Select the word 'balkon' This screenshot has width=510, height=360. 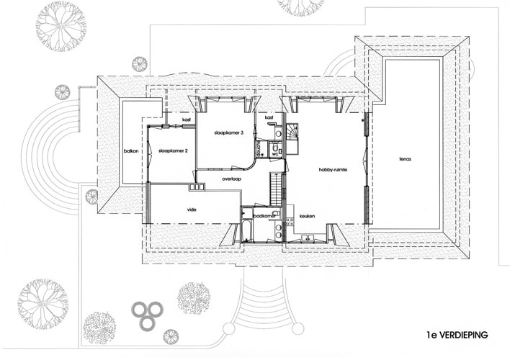131,151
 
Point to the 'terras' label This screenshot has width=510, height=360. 406,159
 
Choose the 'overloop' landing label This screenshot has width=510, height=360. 231,179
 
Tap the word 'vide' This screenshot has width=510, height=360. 192,210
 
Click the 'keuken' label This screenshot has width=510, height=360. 307,216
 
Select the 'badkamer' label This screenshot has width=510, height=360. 264,215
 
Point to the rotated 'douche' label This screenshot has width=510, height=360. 259,148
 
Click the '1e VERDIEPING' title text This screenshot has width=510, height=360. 457,335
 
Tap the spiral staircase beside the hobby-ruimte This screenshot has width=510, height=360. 292,138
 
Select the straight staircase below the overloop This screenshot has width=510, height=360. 275,189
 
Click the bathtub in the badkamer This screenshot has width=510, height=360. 247,231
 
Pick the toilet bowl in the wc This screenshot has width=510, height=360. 274,145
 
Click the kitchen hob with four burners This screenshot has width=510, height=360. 290,222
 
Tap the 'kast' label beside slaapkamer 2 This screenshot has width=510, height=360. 187,120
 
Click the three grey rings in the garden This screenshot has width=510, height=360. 147,314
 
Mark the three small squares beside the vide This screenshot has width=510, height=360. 197,187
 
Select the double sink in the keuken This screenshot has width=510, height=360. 307,238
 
